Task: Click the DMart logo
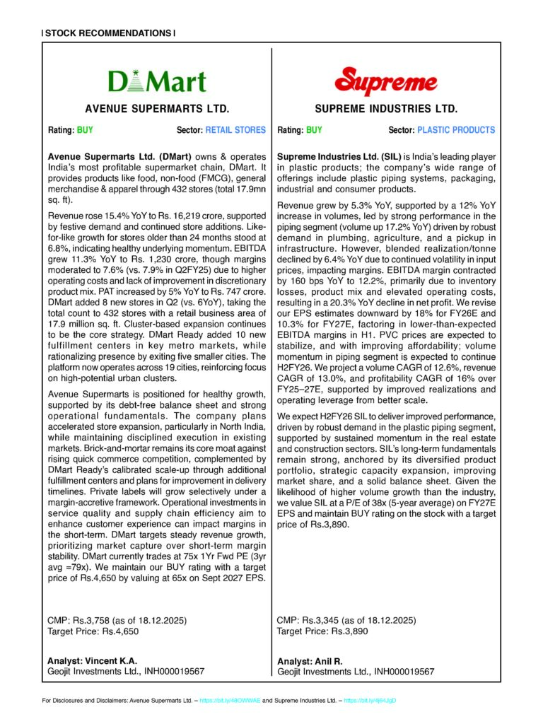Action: pos(157,81)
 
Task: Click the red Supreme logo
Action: pos(385,81)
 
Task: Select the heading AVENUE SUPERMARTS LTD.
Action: pos(157,110)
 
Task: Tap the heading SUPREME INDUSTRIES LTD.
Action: pos(386,110)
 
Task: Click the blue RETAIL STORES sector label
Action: pos(235,130)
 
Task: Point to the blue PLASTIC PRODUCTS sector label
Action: pos(456,130)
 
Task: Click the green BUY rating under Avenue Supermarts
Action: pos(84,130)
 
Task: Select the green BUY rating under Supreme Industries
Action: pos(314,130)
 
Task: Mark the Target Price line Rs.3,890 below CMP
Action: pos(322,631)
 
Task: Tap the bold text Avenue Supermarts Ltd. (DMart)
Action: pos(113,156)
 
